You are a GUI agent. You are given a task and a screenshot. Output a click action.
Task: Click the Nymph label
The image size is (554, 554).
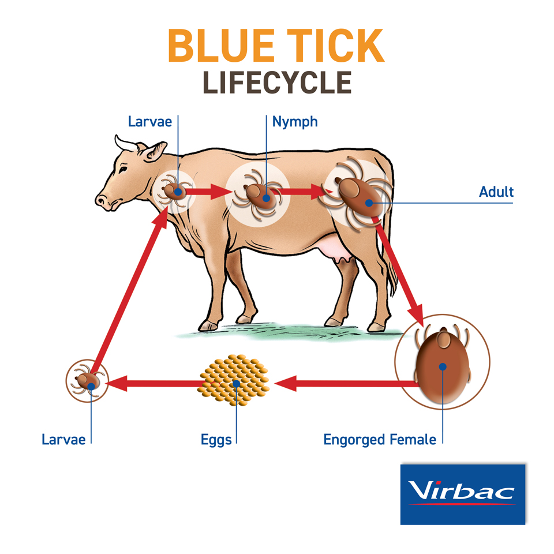(x=295, y=122)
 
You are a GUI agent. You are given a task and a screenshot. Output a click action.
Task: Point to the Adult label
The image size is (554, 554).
(x=496, y=192)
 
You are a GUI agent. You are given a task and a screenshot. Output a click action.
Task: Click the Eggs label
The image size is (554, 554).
(x=216, y=440)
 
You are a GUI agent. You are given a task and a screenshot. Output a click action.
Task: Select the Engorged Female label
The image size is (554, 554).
(x=380, y=440)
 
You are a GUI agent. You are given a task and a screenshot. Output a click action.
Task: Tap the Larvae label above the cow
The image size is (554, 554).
(x=151, y=122)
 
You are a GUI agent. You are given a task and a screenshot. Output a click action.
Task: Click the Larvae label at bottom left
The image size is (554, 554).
(x=63, y=440)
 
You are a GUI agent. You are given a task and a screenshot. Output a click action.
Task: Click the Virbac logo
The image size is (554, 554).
(x=462, y=493)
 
